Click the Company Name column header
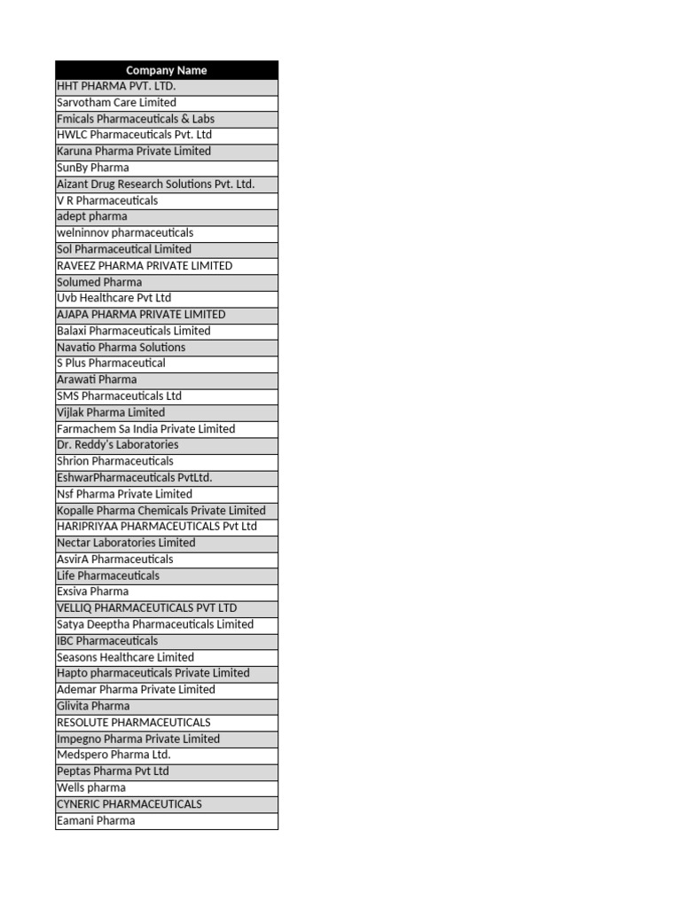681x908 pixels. [x=167, y=70]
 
